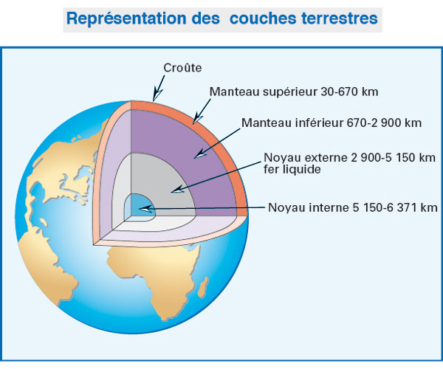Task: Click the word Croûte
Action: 182,68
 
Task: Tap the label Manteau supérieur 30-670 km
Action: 294,92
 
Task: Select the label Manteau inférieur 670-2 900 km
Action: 332,123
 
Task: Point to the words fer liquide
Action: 292,170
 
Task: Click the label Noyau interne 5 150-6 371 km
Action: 353,207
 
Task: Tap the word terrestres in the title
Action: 340,18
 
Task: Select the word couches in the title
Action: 263,18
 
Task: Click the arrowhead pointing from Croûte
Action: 157,95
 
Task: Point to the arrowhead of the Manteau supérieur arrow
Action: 197,120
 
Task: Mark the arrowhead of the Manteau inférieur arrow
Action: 200,154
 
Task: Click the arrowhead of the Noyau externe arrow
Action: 177,190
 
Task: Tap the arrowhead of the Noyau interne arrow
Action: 145,209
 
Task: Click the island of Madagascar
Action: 204,287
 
